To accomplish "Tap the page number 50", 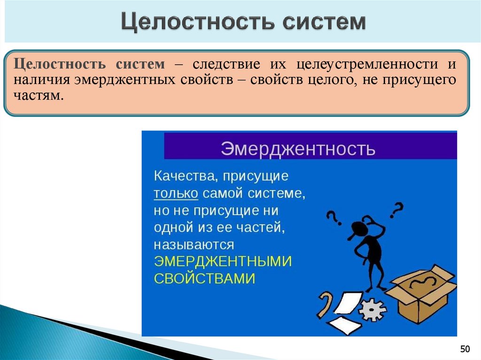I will coord(465,349).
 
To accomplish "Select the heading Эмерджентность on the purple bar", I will coord(298,149).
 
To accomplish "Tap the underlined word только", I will coord(176,193).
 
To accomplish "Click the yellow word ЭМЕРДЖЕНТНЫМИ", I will coord(223,261).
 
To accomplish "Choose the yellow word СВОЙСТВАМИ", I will coord(204,278).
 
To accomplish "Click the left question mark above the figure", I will coord(333,217).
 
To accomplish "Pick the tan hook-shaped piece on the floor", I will coord(326,304).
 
